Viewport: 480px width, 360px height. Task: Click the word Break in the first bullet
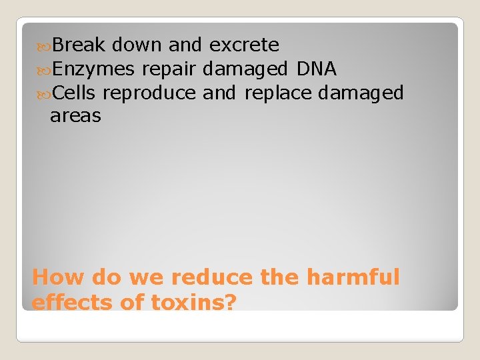click(x=79, y=45)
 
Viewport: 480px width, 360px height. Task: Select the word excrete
click(x=244, y=45)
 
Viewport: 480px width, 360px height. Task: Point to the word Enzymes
click(x=93, y=69)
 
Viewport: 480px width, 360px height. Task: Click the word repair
click(x=169, y=69)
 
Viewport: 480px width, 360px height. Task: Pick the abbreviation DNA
click(x=317, y=69)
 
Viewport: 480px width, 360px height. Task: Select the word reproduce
click(x=149, y=93)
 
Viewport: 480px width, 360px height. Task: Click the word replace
click(x=278, y=93)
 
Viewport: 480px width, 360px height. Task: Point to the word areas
click(x=75, y=117)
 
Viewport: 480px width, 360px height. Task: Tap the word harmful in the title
click(x=353, y=277)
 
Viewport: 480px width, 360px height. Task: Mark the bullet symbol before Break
click(x=45, y=46)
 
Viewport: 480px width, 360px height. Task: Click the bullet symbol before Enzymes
click(x=45, y=69)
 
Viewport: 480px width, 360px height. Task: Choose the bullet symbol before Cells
click(x=45, y=93)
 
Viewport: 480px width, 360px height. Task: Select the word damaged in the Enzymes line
click(x=245, y=69)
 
